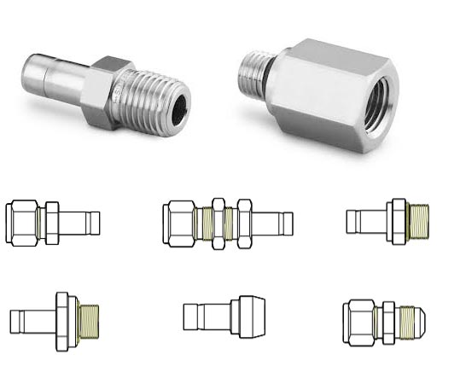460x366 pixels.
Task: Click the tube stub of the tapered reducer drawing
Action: [203, 317]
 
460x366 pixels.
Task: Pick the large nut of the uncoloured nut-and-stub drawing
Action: [24, 221]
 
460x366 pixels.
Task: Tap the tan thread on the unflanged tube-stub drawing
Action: [419, 221]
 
